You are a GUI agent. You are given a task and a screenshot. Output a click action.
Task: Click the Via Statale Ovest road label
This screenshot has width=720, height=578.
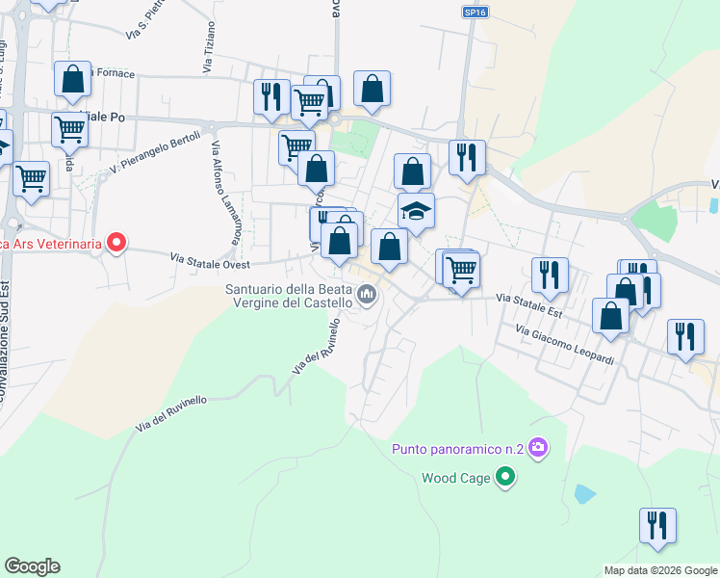[210, 261]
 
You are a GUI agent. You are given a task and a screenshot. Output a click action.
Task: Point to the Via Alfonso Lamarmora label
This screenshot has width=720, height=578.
[226, 193]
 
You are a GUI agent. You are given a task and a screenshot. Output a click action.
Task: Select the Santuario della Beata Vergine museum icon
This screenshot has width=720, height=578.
[366, 295]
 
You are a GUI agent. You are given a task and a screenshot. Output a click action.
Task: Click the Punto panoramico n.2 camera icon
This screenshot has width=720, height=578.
[538, 447]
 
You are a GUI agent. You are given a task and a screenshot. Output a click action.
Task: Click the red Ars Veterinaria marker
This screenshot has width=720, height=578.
[116, 243]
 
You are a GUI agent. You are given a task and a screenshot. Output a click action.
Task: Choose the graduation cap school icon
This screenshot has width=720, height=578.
[416, 211]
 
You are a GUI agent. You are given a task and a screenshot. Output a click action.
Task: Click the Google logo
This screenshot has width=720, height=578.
[32, 566]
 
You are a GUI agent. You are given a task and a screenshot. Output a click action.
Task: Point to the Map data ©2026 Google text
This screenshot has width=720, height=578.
[659, 570]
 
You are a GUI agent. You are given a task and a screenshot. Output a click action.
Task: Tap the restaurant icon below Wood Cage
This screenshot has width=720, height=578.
[657, 526]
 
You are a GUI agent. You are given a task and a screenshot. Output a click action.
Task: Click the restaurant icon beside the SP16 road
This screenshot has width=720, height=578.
[467, 158]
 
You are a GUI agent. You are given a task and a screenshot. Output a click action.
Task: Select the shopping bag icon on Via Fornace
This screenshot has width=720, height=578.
[73, 81]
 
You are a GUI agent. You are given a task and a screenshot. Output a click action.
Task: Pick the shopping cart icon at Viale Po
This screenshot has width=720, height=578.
[69, 129]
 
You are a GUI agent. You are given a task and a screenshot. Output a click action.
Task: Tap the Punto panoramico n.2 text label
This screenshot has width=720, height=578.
[457, 449]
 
